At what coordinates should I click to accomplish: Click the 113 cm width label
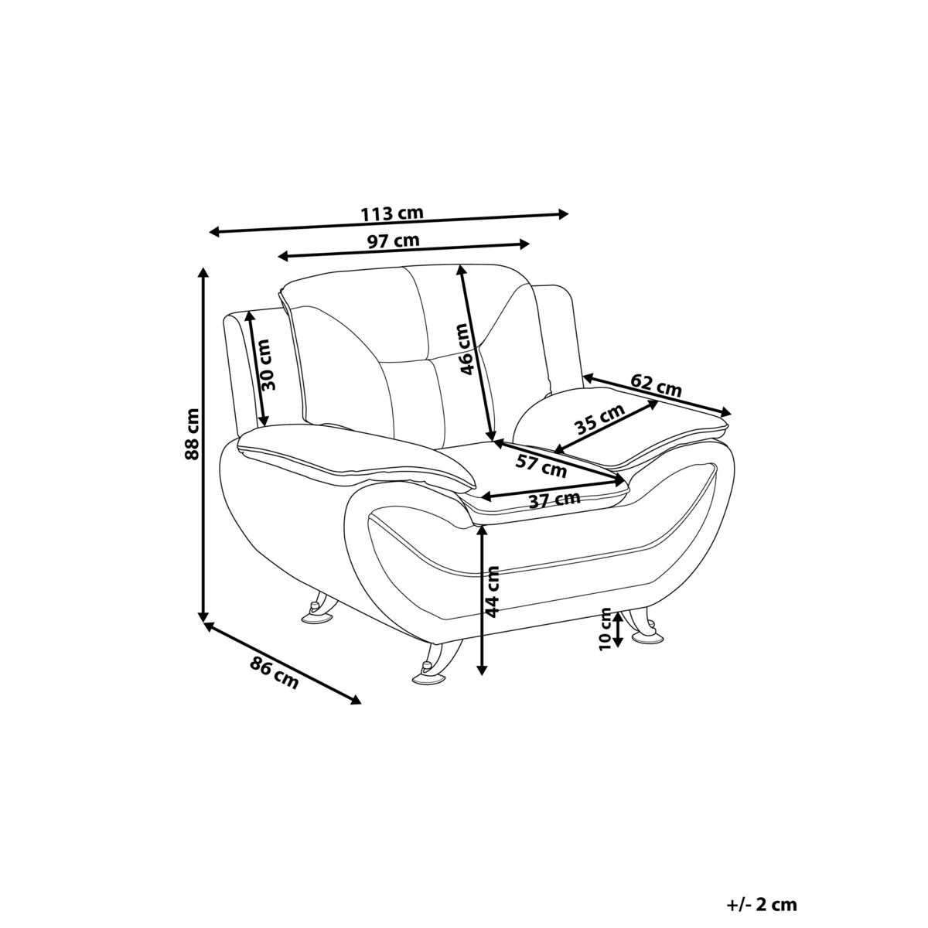point(392,213)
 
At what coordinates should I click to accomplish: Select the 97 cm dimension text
point(394,241)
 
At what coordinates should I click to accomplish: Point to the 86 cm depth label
point(274,672)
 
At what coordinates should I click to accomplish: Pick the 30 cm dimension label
point(266,364)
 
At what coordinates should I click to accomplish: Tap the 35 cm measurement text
point(599,419)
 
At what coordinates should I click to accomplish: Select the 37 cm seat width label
point(554,499)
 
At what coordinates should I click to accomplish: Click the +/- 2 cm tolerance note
point(762,877)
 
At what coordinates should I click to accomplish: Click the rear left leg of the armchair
point(319,609)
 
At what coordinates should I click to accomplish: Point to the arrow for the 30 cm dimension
point(256,369)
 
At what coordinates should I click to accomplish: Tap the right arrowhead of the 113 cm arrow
point(564,214)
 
